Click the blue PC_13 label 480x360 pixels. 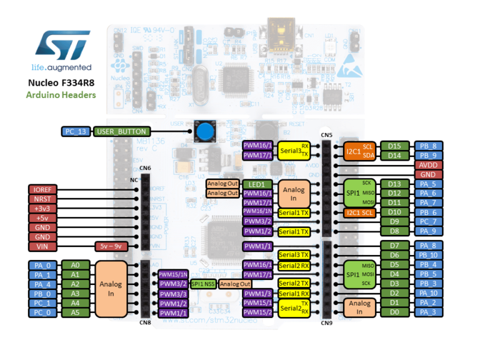(x=76, y=131)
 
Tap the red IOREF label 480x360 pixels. (x=42, y=189)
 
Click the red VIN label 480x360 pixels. (x=42, y=246)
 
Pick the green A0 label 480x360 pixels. (x=75, y=265)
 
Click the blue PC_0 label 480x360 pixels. (x=42, y=312)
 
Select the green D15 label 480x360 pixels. (x=394, y=146)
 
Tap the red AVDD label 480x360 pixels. (x=429, y=165)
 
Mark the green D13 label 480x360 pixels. (x=394, y=184)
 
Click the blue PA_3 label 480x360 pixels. (x=429, y=312)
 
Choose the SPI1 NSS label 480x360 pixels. (x=204, y=284)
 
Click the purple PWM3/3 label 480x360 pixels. (x=173, y=294)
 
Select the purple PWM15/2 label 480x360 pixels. (x=257, y=312)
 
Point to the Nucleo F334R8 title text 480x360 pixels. (x=61, y=82)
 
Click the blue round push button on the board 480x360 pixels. (x=204, y=132)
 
